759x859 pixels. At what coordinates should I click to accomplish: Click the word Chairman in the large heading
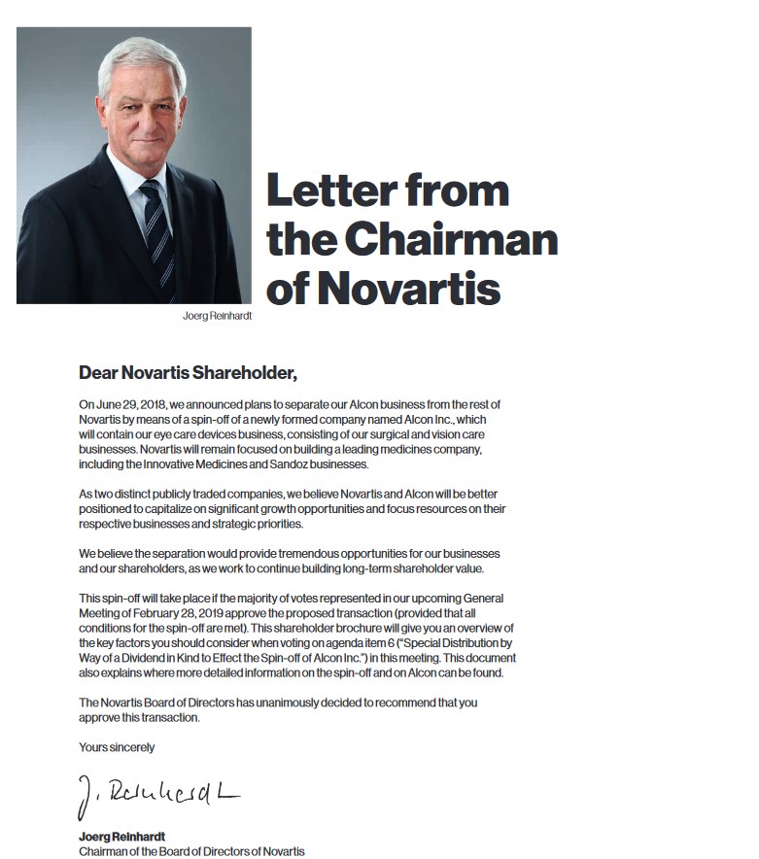click(x=451, y=239)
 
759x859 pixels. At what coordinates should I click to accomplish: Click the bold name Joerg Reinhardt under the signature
click(x=121, y=837)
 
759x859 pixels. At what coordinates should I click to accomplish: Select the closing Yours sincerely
click(x=117, y=747)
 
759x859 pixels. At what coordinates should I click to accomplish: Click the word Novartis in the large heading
click(x=410, y=289)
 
